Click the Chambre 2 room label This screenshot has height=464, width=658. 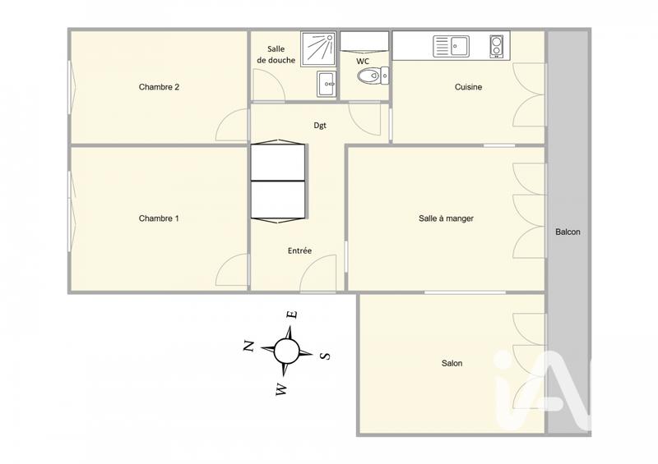click(159, 87)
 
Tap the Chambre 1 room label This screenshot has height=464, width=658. click(159, 218)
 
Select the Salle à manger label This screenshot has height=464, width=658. click(446, 218)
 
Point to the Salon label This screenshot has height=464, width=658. click(452, 363)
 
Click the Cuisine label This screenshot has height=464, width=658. click(468, 87)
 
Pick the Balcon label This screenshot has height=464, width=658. click(568, 232)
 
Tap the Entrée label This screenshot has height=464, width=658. click(299, 250)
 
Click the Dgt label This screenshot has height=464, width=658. click(321, 126)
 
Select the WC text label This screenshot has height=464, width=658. click(363, 62)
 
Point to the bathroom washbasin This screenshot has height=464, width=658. click(327, 82)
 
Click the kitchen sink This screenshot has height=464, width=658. click(451, 45)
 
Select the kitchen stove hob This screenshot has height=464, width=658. click(497, 45)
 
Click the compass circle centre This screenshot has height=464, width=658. click(286, 351)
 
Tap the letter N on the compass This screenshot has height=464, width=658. click(248, 346)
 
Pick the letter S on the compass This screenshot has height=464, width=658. click(325, 356)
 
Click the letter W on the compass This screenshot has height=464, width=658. click(281, 389)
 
